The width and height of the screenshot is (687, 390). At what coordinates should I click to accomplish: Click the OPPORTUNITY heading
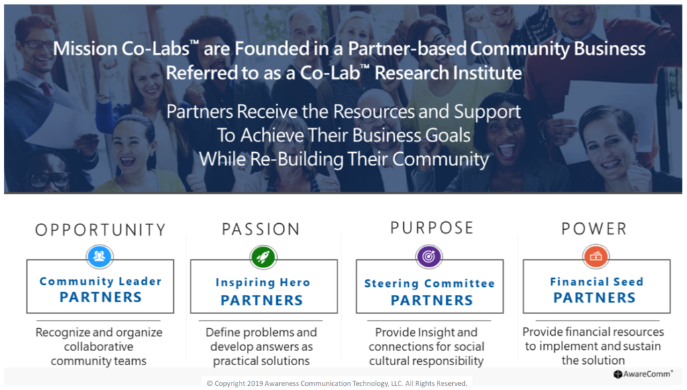click(101, 229)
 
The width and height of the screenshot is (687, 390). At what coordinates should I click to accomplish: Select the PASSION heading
click(261, 229)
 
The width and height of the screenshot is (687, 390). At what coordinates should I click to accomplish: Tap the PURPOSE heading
click(432, 228)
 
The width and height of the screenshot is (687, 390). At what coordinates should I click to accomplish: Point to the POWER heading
click(594, 229)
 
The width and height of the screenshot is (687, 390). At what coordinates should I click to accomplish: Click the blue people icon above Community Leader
click(100, 256)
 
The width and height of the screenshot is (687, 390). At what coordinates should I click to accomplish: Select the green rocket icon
click(263, 257)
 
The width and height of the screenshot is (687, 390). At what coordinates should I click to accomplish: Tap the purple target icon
click(429, 256)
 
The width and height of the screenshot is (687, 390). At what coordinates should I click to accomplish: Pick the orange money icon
click(596, 256)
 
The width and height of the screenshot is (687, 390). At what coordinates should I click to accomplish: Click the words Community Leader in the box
click(101, 281)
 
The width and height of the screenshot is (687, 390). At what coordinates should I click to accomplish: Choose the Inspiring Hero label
click(263, 283)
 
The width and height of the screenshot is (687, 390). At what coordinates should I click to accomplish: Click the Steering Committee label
click(429, 283)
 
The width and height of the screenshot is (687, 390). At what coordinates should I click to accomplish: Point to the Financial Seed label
click(596, 281)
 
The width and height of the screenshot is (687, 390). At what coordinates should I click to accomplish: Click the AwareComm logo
click(642, 374)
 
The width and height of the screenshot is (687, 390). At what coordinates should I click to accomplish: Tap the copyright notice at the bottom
click(337, 383)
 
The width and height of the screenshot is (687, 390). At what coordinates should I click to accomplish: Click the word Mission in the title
click(85, 49)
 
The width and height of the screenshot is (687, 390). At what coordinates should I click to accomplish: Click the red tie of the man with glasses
click(46, 89)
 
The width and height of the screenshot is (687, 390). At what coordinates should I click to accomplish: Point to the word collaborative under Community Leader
click(99, 346)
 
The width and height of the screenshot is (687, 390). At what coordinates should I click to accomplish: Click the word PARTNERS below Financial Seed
click(594, 298)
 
